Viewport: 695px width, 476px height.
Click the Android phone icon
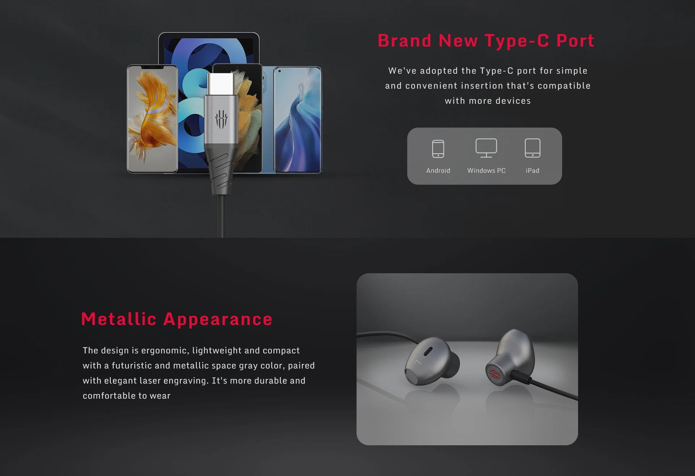click(438, 149)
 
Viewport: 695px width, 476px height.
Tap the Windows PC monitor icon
click(486, 148)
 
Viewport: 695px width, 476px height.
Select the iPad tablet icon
click(532, 148)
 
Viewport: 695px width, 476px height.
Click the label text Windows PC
click(486, 171)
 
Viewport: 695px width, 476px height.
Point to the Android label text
click(438, 171)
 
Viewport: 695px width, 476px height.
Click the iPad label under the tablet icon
click(532, 171)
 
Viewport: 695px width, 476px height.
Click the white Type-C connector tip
click(220, 84)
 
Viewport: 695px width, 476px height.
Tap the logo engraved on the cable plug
click(221, 119)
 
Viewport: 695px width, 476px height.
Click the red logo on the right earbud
click(495, 375)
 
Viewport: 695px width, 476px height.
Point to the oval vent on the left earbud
click(428, 351)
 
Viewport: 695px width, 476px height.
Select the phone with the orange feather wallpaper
click(152, 119)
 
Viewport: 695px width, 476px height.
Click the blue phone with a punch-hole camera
click(298, 120)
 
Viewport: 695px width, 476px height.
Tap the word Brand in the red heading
click(404, 40)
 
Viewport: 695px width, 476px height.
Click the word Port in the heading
click(575, 40)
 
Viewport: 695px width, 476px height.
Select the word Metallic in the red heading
click(119, 319)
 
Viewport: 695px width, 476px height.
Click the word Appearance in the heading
click(218, 320)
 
